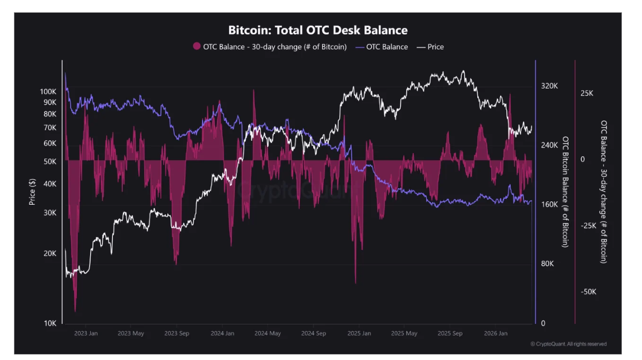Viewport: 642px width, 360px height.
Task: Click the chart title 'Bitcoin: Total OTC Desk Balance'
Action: click(318, 30)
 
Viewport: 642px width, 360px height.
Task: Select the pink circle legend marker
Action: click(196, 47)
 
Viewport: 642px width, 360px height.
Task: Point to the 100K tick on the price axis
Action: click(48, 91)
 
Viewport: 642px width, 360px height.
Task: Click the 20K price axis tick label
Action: click(50, 253)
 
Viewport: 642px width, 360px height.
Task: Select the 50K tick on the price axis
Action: click(50, 161)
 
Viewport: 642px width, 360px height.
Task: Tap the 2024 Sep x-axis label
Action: click(313, 333)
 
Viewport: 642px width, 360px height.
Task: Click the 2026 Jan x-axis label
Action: click(496, 333)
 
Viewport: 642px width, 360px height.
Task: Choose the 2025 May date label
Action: click(404, 333)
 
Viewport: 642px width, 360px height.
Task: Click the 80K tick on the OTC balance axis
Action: click(547, 264)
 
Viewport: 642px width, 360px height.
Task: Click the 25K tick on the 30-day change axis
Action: click(587, 93)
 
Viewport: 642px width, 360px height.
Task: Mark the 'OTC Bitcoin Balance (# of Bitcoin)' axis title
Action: click(566, 191)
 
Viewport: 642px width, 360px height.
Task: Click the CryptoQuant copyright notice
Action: click(568, 344)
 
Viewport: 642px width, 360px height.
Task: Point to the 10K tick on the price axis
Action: click(50, 323)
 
